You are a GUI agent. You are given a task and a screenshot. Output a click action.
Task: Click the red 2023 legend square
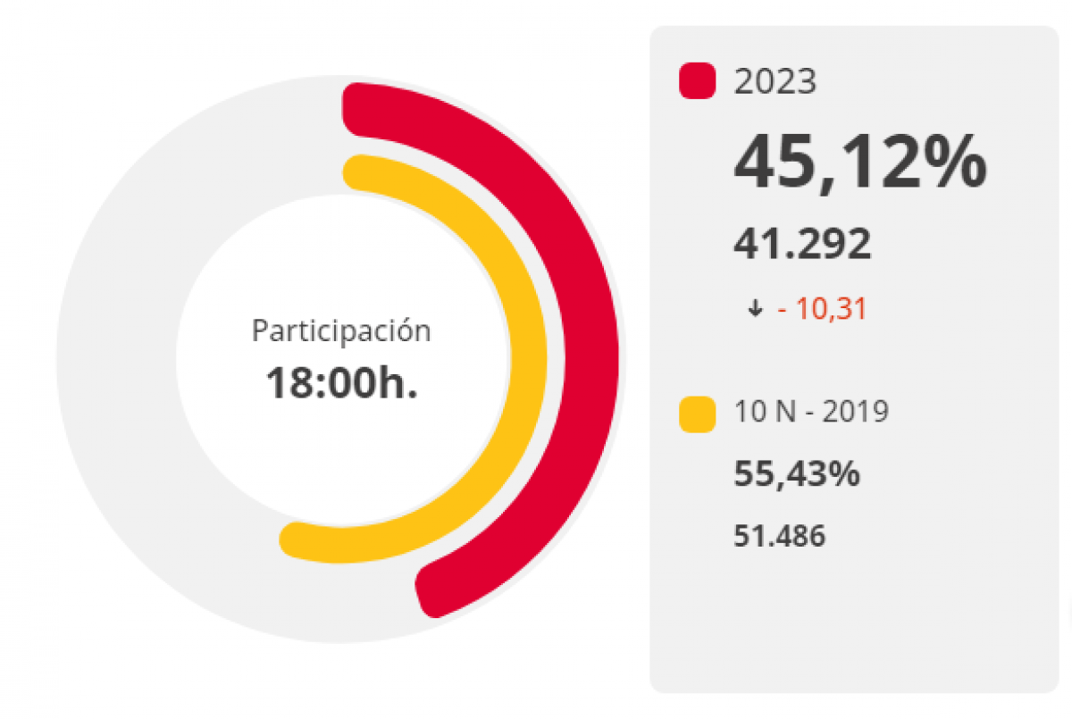pyautogui.click(x=698, y=81)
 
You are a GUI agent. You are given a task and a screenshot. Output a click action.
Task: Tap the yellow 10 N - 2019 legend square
pyautogui.click(x=698, y=414)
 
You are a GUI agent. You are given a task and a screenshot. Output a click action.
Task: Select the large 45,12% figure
pyautogui.click(x=859, y=162)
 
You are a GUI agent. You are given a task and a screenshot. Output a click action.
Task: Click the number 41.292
pyautogui.click(x=802, y=244)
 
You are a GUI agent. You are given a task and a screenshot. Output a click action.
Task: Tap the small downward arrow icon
pyautogui.click(x=756, y=310)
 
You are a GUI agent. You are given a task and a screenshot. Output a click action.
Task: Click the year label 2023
pyautogui.click(x=775, y=82)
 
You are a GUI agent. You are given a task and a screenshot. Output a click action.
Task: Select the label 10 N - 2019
pyautogui.click(x=811, y=413)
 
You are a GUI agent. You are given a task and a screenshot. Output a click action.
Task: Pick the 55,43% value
pyautogui.click(x=797, y=474)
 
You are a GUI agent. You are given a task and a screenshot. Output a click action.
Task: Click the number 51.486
pyautogui.click(x=779, y=536)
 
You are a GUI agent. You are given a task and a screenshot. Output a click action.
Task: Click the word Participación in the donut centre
pyautogui.click(x=341, y=331)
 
